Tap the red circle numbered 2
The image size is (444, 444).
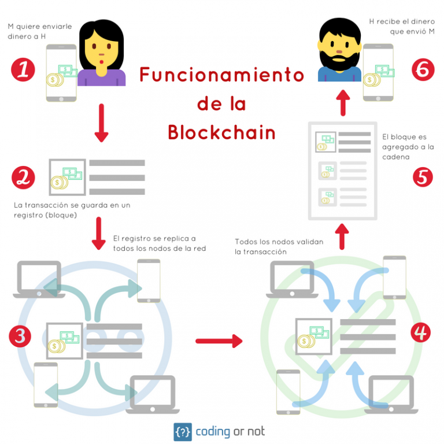click(23, 177)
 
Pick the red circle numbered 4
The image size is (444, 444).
click(420, 332)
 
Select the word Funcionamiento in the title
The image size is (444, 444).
click(221, 76)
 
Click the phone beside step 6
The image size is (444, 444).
click(378, 72)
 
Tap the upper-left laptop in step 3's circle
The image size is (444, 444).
click(38, 279)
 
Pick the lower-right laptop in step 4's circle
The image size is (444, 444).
click(392, 394)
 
